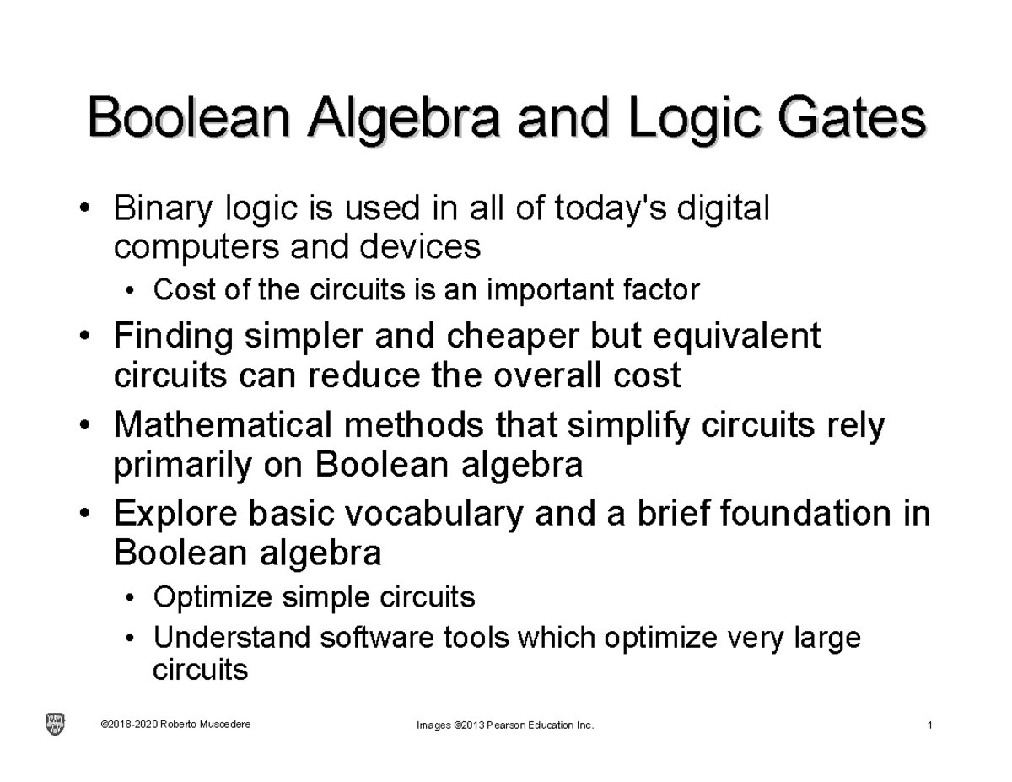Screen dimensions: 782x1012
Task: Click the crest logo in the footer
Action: click(x=54, y=724)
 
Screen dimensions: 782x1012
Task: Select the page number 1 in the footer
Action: click(x=928, y=725)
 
